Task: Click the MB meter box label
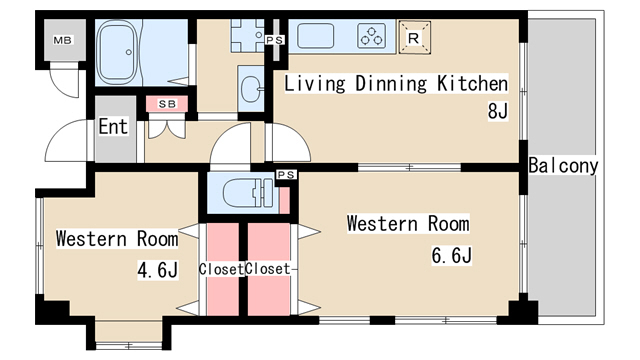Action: tap(62, 40)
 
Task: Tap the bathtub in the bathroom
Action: tap(117, 53)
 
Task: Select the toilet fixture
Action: tap(248, 191)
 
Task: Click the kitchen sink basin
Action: tap(316, 36)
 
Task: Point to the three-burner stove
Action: tap(371, 36)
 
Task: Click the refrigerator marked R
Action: tap(414, 38)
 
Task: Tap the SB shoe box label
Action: tap(167, 104)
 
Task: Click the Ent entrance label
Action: tap(113, 126)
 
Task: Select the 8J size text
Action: tap(498, 110)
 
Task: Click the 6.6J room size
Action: tap(452, 256)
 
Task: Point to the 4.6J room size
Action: tap(158, 270)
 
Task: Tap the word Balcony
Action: tap(563, 165)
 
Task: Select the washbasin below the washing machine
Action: tap(251, 89)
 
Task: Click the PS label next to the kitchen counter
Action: tap(274, 40)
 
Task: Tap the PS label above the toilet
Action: tap(286, 175)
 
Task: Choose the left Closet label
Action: tap(221, 269)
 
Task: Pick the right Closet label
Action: tap(268, 269)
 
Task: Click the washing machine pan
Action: tap(247, 36)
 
